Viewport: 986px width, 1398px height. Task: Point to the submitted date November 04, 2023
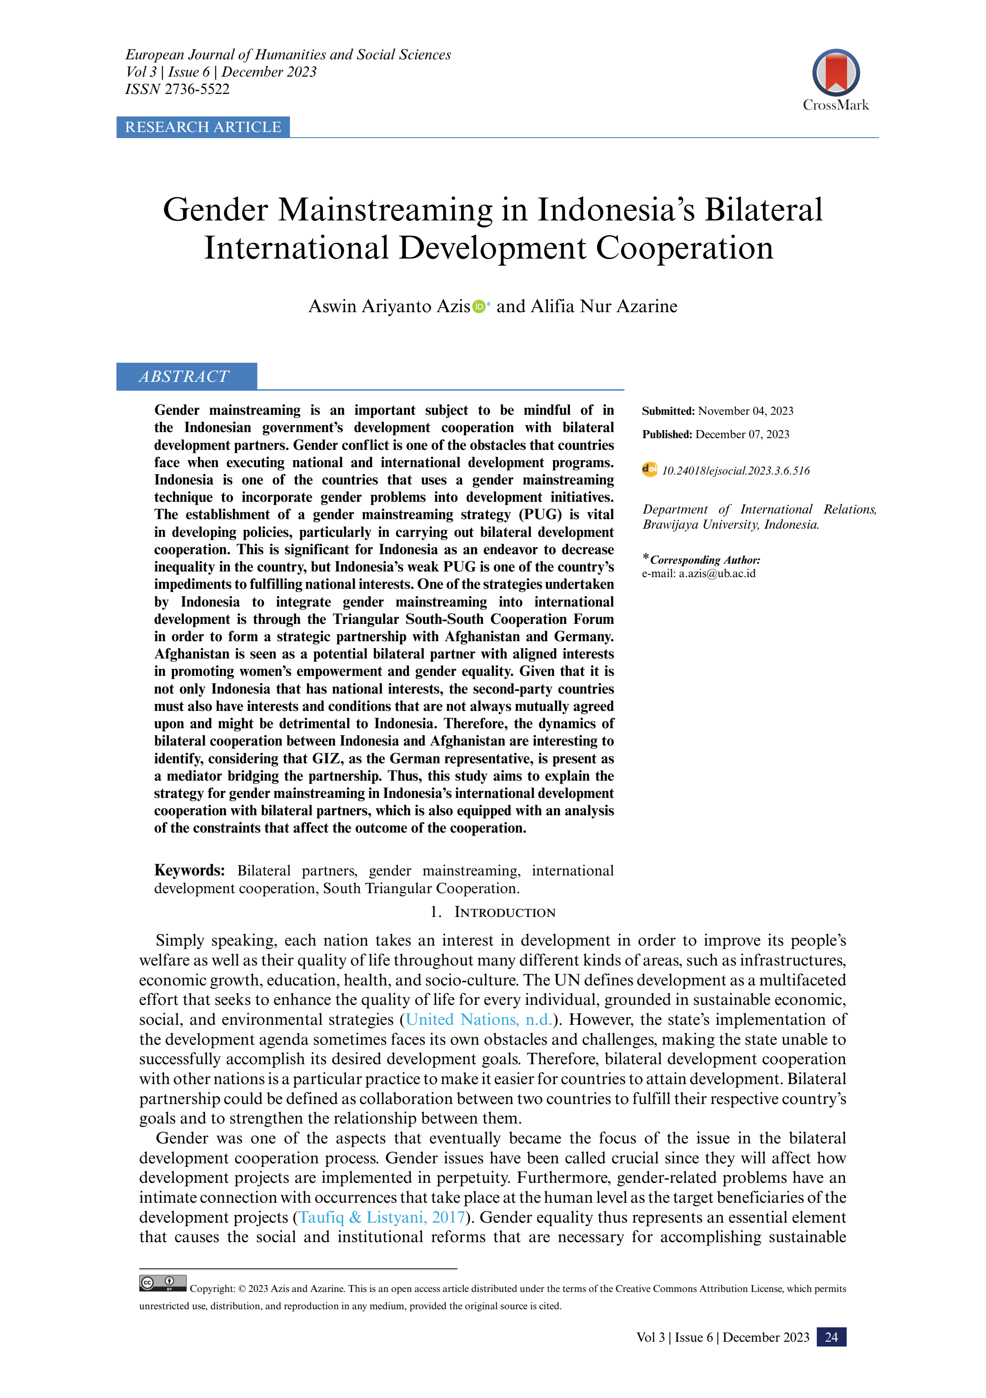(745, 411)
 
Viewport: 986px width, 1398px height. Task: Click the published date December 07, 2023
(742, 434)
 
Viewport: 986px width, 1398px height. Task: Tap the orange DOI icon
(649, 469)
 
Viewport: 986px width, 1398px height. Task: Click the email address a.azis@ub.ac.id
(717, 574)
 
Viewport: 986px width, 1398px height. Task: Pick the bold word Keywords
(189, 870)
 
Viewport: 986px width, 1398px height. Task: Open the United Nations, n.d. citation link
(479, 1019)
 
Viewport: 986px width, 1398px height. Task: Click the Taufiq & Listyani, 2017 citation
(382, 1217)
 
